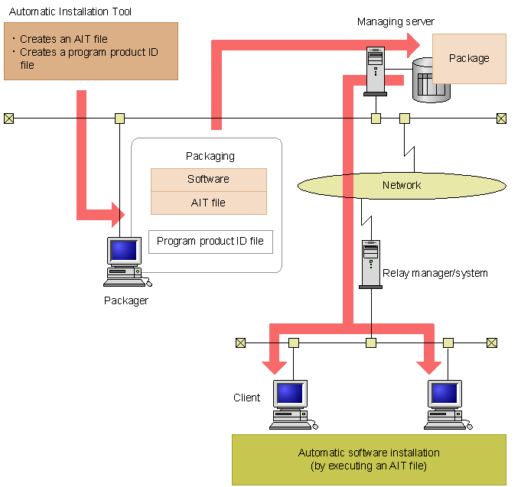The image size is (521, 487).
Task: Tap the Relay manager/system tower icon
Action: coord(370,264)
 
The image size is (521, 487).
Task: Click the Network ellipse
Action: coord(402,185)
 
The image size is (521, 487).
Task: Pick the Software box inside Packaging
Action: coord(208,180)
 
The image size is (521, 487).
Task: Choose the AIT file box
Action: coord(208,203)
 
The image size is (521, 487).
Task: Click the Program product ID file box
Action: coord(210,242)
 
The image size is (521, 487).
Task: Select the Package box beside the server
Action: coord(469,58)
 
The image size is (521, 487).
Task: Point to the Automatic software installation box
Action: coord(369,459)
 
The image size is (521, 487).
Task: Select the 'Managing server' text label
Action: coord(396,21)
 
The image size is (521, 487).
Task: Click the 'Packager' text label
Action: coord(126,300)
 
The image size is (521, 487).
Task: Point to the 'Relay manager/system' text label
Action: coord(435,273)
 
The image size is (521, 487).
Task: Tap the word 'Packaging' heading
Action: coord(210,156)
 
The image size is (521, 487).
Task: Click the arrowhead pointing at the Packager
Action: coord(117,214)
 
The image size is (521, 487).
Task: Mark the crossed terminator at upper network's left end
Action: coord(8,118)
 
